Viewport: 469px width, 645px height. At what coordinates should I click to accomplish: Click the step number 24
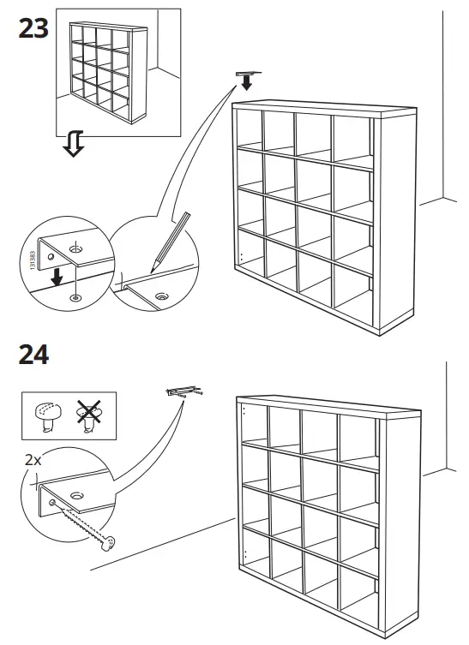pyautogui.click(x=33, y=354)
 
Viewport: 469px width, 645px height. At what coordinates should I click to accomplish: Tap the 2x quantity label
pyautogui.click(x=33, y=460)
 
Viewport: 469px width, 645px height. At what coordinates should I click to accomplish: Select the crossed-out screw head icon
pyautogui.click(x=86, y=415)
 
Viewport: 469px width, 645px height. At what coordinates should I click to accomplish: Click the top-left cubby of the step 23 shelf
pyautogui.click(x=250, y=128)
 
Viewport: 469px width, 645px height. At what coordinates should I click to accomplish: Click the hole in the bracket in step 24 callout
pyautogui.click(x=77, y=495)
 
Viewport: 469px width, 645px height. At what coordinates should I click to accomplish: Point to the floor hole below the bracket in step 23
pyautogui.click(x=75, y=296)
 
